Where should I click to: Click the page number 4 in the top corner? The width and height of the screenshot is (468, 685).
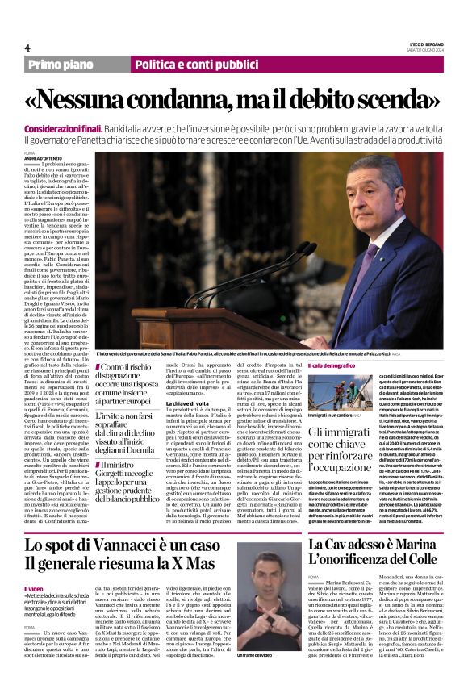coord(27,48)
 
